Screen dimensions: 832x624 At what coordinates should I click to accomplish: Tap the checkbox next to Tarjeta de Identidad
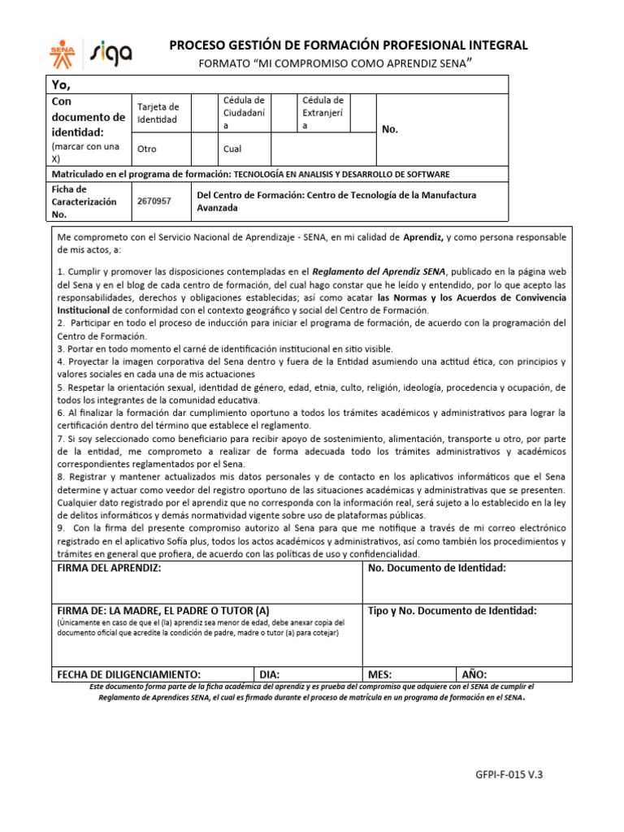(x=201, y=113)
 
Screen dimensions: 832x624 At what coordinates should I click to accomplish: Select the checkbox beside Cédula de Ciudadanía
(x=283, y=113)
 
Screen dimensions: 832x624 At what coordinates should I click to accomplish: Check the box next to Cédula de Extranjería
(x=363, y=113)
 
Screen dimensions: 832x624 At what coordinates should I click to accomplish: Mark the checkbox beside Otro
(x=201, y=149)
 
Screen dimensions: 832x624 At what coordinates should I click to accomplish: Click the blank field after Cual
(x=323, y=149)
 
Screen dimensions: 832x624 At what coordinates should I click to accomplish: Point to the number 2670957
(x=154, y=201)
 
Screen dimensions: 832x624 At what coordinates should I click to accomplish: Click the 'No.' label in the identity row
(x=390, y=130)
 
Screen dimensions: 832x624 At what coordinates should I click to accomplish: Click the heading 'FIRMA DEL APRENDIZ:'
(x=109, y=568)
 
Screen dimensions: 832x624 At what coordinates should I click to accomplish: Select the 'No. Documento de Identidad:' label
(x=437, y=568)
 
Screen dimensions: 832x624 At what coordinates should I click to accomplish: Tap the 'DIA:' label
(x=270, y=674)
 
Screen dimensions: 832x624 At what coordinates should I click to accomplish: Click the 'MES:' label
(x=380, y=674)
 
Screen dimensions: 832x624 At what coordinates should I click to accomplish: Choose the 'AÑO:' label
(x=474, y=674)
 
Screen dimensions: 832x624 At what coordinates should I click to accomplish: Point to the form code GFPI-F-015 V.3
(x=509, y=774)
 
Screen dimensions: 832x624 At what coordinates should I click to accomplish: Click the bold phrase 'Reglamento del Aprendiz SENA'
(x=379, y=272)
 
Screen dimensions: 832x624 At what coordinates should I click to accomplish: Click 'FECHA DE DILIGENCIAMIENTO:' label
(x=128, y=674)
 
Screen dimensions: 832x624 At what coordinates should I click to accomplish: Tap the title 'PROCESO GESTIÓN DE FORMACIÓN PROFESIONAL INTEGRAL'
(x=348, y=45)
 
